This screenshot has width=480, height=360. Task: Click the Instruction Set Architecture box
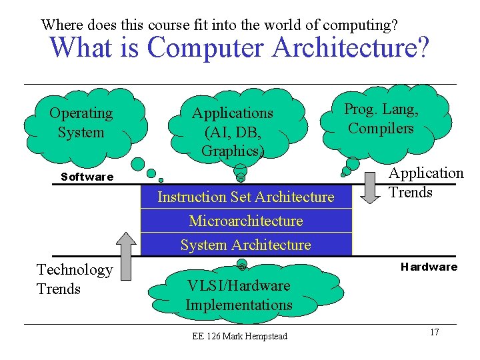(x=245, y=197)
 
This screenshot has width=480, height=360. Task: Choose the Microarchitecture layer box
(x=245, y=221)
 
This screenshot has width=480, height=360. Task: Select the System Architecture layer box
(x=245, y=245)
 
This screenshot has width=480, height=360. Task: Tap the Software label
(x=87, y=177)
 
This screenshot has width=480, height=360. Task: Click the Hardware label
(x=429, y=267)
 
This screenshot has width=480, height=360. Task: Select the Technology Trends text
(x=75, y=279)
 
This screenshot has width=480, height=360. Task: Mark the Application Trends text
(x=426, y=183)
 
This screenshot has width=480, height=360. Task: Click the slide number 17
(x=434, y=332)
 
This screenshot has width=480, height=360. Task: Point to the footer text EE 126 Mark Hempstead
(x=239, y=336)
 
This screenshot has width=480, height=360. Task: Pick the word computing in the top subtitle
(x=360, y=25)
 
